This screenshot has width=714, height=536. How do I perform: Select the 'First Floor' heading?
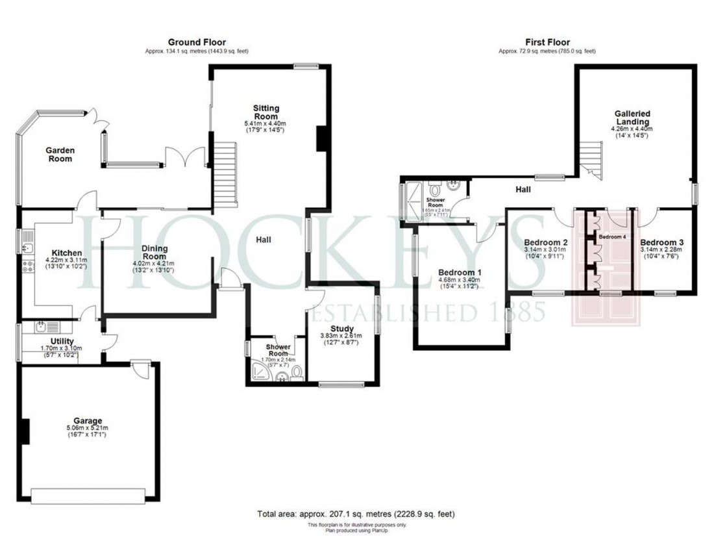[x=547, y=42]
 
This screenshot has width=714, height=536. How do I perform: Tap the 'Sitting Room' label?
[x=265, y=112]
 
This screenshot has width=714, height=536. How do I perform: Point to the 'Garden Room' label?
[x=60, y=155]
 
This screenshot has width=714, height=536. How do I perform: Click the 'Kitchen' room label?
[x=67, y=253]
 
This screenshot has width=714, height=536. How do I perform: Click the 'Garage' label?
[x=88, y=420]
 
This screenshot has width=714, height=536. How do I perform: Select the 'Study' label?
[x=341, y=328]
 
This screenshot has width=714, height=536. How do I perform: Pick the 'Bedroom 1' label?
[x=460, y=272]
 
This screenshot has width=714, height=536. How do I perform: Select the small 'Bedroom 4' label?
[x=612, y=237]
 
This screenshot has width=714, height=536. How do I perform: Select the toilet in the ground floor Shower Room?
[x=297, y=372]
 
